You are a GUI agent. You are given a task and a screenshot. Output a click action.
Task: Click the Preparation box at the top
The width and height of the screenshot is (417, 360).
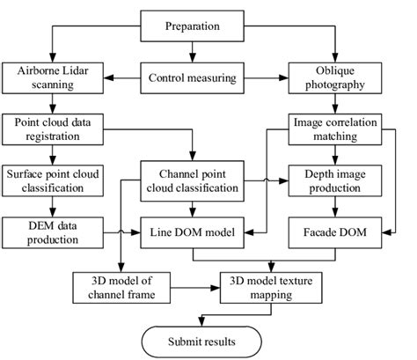point(192,26)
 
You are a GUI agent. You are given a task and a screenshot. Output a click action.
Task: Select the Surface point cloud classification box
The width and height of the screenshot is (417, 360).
point(54,180)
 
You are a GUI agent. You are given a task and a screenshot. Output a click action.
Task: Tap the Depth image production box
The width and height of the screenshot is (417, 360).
point(335,180)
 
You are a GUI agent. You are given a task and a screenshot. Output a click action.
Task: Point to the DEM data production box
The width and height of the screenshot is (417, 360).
point(54,234)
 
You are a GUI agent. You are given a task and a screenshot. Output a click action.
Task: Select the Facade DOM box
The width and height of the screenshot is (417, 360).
point(335,234)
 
